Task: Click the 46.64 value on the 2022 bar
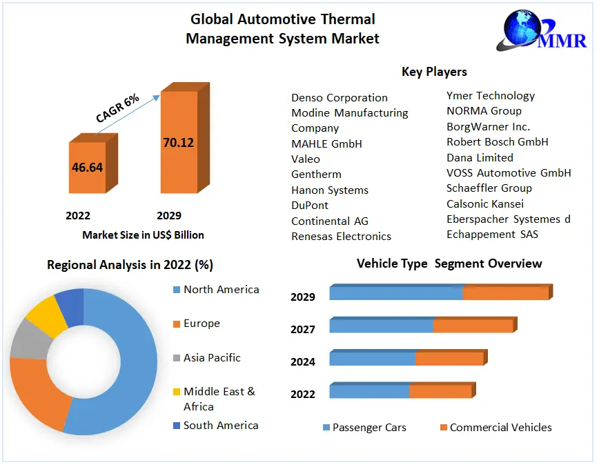click(87, 167)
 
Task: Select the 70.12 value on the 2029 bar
click(178, 143)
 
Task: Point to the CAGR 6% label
click(117, 108)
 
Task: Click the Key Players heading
click(434, 72)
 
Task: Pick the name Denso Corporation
click(339, 98)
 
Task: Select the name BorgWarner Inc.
click(488, 126)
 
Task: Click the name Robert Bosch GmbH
click(497, 141)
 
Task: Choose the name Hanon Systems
click(329, 190)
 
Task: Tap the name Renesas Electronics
click(341, 236)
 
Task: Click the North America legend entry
click(221, 290)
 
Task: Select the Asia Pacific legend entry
click(212, 357)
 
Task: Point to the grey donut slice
click(26, 339)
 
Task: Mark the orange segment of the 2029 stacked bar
click(505, 293)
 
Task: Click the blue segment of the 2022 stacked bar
click(369, 391)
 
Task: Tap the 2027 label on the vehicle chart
click(303, 330)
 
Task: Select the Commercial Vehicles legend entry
click(500, 428)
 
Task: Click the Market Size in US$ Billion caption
click(143, 235)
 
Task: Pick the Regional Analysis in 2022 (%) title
click(130, 265)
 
